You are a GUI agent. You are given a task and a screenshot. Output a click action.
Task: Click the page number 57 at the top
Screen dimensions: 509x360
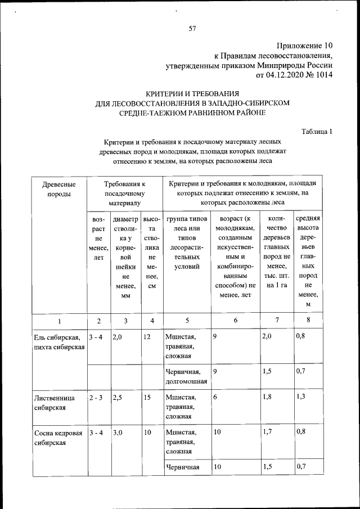point(191,28)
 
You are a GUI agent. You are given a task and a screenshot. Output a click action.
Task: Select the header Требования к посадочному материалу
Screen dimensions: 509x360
point(124,193)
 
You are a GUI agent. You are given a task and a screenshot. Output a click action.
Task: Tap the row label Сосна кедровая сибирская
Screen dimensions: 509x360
point(58,438)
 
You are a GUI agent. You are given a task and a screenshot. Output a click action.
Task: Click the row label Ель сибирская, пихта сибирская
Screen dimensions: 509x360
point(58,342)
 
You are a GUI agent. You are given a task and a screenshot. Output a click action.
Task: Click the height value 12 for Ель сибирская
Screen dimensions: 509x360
point(147,337)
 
